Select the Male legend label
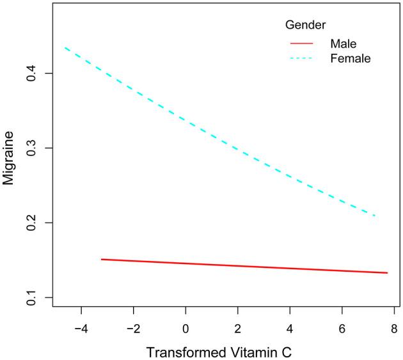point(344,43)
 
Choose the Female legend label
point(351,58)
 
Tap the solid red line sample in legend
point(301,43)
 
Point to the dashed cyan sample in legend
point(301,58)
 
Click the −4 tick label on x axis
point(81,329)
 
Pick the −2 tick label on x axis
point(132,329)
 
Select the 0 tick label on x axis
point(186,329)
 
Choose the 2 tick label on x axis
point(237,329)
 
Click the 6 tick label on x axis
point(342,329)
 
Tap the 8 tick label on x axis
point(394,329)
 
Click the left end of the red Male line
point(102,259)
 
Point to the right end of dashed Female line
point(375,216)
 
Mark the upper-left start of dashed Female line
point(65,47)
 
